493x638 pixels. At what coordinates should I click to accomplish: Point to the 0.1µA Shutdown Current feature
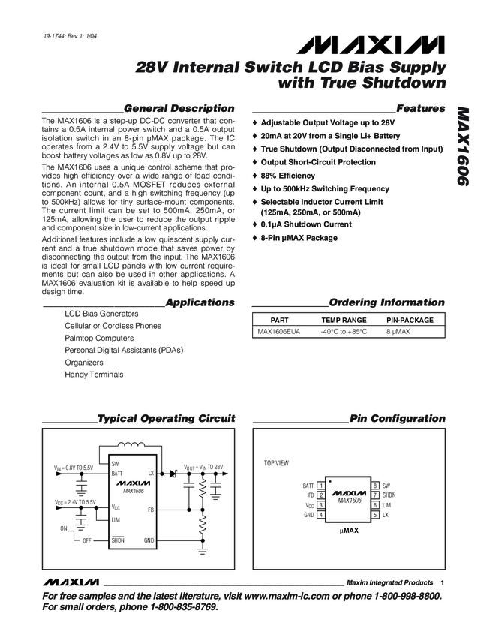click(x=306, y=224)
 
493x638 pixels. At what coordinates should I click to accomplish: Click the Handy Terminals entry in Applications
click(x=94, y=375)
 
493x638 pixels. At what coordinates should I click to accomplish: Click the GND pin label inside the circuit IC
click(x=149, y=540)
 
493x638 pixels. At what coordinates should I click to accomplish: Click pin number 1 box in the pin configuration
click(x=320, y=486)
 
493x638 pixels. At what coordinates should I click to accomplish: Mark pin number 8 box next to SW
click(x=374, y=486)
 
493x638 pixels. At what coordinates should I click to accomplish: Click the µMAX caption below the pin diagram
click(x=347, y=530)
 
